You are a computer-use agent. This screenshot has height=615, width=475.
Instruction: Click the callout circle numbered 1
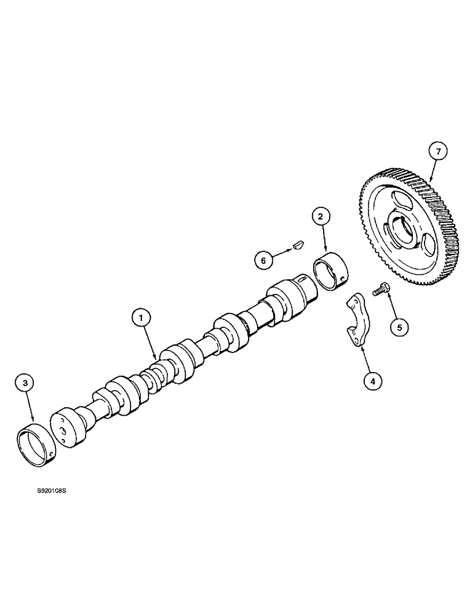[x=141, y=317]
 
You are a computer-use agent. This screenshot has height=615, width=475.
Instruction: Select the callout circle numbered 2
[x=321, y=216]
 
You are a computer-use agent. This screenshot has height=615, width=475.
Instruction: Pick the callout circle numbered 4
[x=372, y=381]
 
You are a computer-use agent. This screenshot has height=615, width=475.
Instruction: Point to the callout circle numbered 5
[x=399, y=327]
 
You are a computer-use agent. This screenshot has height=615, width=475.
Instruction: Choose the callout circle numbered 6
[x=264, y=260]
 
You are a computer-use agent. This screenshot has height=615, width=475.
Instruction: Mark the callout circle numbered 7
[x=438, y=151]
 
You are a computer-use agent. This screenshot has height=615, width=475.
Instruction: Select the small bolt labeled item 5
[x=379, y=287]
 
